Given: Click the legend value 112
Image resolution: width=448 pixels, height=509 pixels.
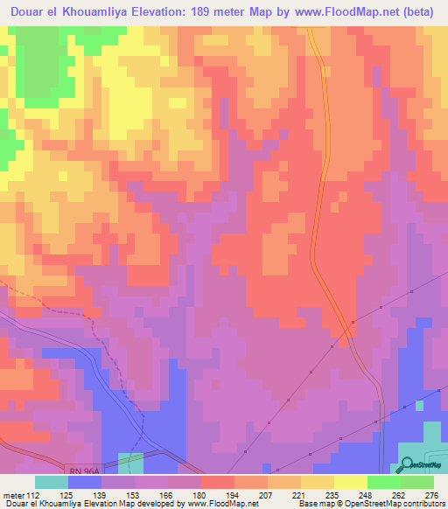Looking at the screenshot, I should click(x=35, y=494).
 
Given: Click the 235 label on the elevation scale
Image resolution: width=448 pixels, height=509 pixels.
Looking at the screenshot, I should click(x=332, y=494).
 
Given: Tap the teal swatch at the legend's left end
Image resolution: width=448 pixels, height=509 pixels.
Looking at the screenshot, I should click(x=52, y=482).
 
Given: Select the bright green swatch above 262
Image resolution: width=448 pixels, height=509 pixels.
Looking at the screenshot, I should click(x=384, y=482).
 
